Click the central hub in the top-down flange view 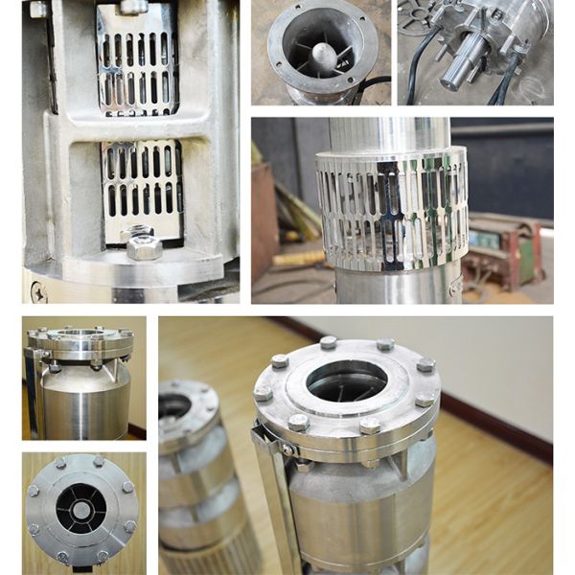[x=80, y=510]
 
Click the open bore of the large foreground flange [x=346, y=380]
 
